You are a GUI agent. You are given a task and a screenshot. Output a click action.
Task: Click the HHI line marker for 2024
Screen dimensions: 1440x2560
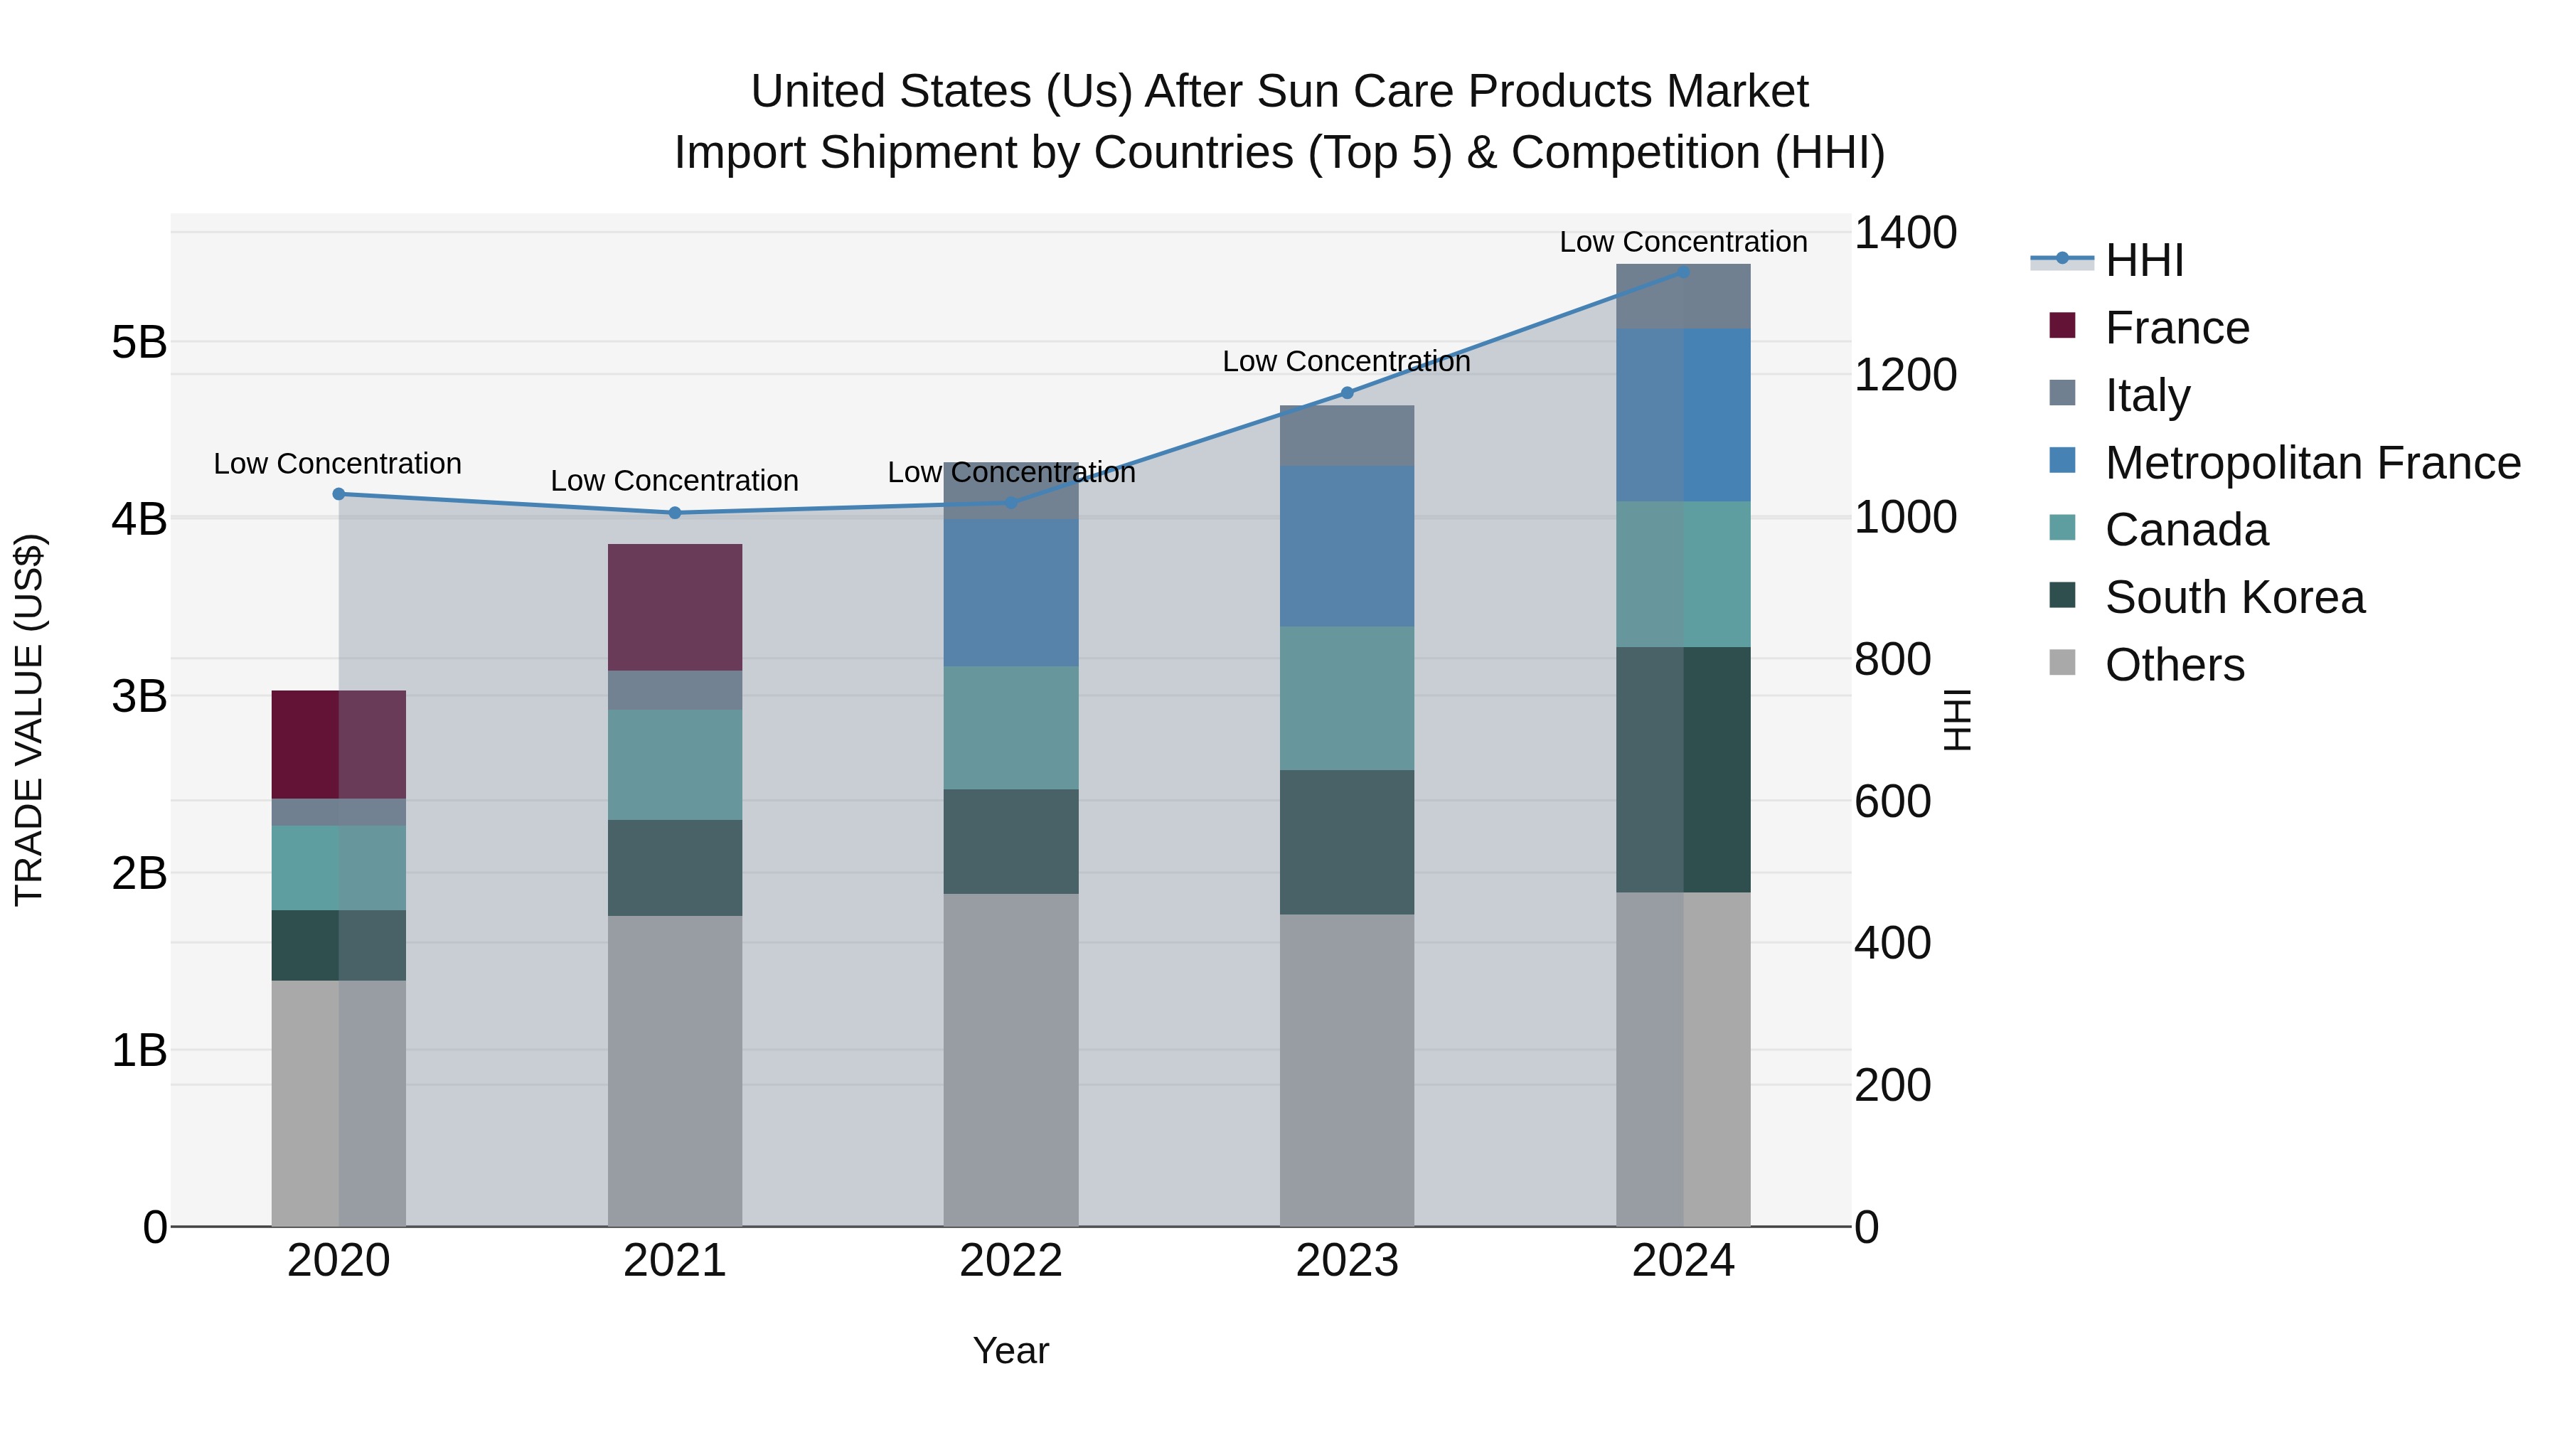[1682, 272]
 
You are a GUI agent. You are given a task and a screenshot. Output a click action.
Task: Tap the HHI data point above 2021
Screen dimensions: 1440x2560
[675, 513]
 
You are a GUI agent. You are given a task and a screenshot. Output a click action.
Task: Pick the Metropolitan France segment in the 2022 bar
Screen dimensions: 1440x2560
[1010, 592]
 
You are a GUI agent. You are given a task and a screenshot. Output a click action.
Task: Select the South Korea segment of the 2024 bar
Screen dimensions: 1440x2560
[1682, 769]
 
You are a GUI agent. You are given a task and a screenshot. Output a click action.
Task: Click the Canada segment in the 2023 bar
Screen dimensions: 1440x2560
[1347, 698]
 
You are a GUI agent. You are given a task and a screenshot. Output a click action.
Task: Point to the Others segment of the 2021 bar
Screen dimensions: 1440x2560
[675, 1070]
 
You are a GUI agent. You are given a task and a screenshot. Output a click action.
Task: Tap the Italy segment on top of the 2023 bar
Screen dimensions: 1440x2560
[1347, 435]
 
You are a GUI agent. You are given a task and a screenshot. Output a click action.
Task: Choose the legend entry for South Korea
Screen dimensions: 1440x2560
[2234, 597]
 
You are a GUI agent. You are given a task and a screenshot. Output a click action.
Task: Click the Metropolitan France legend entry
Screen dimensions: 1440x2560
[2312, 463]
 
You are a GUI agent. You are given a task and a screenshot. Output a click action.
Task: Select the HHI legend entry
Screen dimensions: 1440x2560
[2143, 260]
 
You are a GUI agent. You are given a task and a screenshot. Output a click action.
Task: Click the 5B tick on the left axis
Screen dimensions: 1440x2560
[139, 343]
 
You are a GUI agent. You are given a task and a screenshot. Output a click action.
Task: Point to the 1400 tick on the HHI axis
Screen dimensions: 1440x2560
[1905, 233]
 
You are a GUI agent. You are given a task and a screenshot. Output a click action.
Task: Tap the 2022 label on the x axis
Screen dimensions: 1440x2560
[1010, 1261]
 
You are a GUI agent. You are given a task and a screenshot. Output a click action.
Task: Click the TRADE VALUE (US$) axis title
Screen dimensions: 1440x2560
[29, 720]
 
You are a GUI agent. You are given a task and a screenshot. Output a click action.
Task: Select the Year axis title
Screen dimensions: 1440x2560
[1010, 1350]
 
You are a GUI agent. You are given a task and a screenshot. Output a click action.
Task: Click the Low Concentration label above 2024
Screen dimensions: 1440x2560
[1682, 242]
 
